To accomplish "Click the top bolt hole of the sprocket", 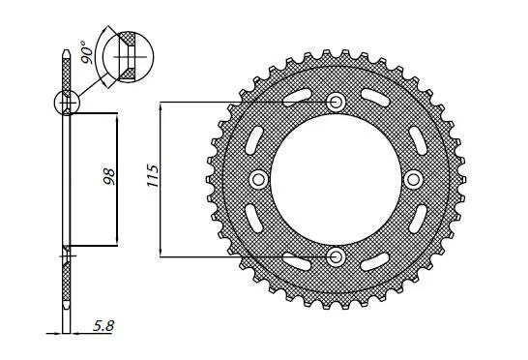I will click(x=337, y=102).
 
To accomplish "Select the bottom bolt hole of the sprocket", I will click(x=337, y=256).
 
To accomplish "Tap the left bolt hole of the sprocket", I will click(x=259, y=179).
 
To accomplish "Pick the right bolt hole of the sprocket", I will click(x=414, y=179).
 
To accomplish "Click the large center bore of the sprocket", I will click(x=337, y=179).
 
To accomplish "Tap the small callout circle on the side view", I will click(x=67, y=101).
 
